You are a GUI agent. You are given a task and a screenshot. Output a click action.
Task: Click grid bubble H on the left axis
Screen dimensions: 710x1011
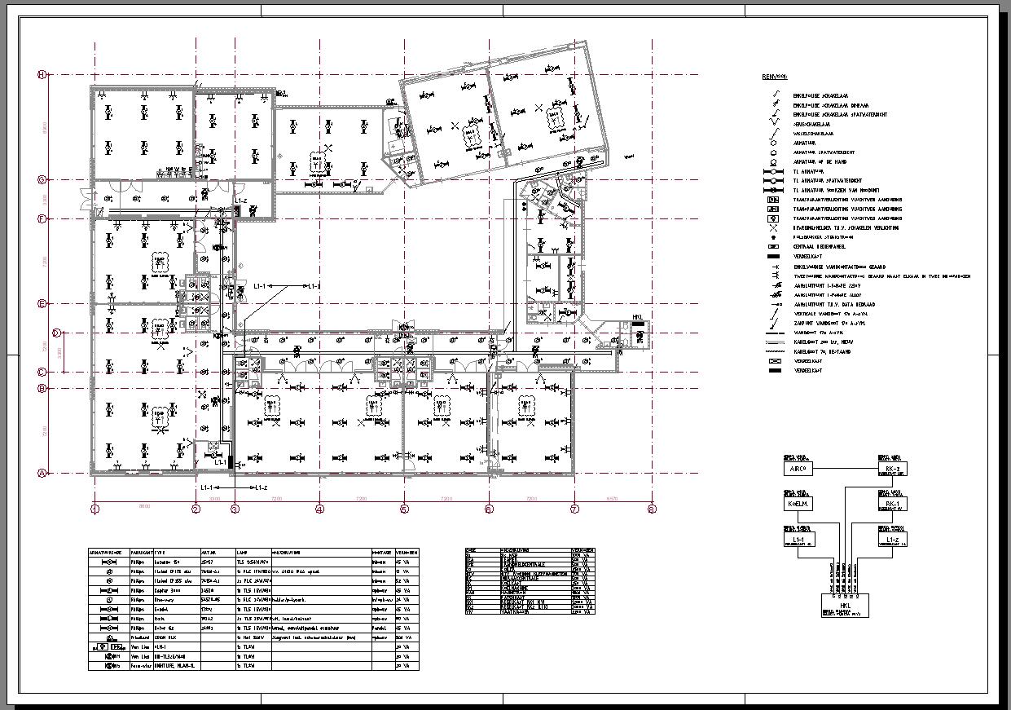click(42, 75)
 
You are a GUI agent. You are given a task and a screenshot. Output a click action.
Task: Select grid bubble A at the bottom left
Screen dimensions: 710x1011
click(42, 473)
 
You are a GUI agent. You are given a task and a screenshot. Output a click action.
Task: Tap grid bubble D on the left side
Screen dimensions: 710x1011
click(56, 333)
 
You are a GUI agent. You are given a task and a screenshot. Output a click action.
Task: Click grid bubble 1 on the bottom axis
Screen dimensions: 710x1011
click(95, 509)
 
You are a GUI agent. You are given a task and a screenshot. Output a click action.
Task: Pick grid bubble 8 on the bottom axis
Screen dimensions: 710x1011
click(652, 509)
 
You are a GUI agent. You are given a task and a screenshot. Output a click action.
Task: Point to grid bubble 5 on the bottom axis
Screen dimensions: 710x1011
click(404, 509)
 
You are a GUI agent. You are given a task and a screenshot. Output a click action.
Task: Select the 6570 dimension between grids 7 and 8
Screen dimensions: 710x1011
click(613, 498)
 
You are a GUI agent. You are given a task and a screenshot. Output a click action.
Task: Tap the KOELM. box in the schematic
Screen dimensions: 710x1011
click(798, 504)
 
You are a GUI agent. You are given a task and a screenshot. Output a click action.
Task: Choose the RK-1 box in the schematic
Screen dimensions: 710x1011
click(892, 505)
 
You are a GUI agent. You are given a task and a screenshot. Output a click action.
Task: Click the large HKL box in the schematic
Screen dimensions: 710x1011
click(845, 606)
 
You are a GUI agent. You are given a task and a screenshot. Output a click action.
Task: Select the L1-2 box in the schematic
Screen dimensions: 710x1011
click(892, 540)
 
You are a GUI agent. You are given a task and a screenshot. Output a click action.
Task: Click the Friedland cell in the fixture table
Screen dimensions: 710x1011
click(141, 637)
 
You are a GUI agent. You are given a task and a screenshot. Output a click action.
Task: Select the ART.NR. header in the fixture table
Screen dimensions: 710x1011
click(209, 552)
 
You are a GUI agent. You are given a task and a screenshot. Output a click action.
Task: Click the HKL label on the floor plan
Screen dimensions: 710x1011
click(639, 317)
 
